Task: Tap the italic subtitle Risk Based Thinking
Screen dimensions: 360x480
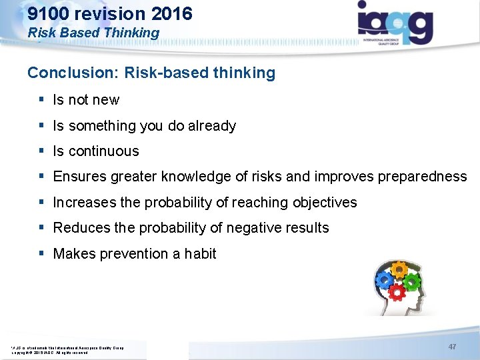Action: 93,33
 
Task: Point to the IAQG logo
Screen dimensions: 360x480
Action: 395,23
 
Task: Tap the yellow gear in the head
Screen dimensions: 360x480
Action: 399,269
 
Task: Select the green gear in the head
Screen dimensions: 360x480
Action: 412,281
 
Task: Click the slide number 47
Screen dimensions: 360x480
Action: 452,347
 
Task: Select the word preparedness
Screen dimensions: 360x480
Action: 422,177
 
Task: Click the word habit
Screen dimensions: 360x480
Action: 201,253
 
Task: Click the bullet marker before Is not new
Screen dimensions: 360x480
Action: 41,100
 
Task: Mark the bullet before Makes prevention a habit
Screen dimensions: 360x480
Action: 41,253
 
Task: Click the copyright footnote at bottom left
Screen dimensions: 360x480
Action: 67,349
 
